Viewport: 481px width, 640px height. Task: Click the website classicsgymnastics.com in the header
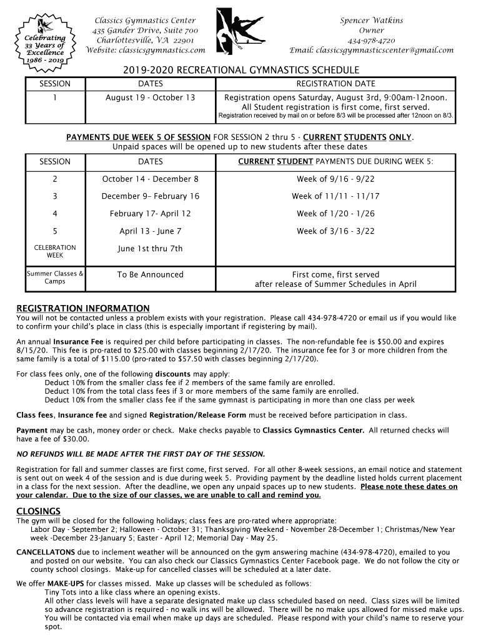pos(145,50)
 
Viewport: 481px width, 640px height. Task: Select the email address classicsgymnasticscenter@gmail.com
pos(372,50)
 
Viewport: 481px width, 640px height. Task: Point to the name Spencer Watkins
pos(371,21)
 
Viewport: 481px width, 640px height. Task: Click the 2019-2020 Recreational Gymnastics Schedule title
pos(240,70)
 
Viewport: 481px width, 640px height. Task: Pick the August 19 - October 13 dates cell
pos(150,97)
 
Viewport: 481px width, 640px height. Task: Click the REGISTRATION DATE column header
pos(335,84)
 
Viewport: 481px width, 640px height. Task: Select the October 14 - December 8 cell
pos(151,179)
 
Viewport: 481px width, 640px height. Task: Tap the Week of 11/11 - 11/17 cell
pos(335,196)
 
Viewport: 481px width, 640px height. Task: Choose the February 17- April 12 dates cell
pos(151,214)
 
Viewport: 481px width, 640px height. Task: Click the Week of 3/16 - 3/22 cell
pos(335,231)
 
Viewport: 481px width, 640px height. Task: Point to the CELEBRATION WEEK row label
pos(55,251)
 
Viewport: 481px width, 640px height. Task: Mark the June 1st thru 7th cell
pos(151,249)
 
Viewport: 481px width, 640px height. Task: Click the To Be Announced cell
pos(151,275)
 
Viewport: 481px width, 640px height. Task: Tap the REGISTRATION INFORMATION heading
pos(83,309)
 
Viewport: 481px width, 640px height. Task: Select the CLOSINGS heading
pos(38,511)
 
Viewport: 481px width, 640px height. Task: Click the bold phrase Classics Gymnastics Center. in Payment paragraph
pos(313,431)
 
